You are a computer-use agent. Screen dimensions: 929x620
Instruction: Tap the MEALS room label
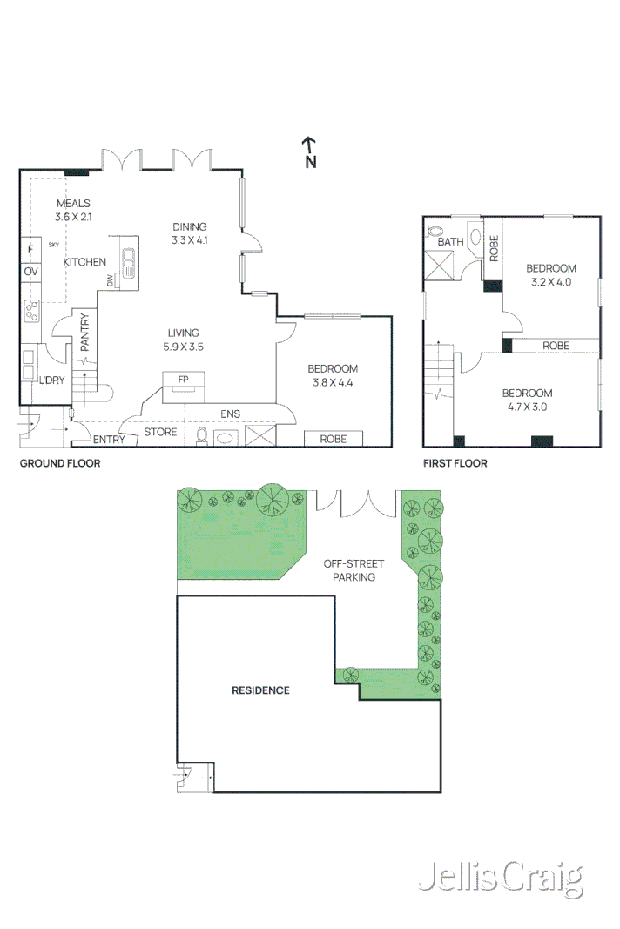click(x=73, y=204)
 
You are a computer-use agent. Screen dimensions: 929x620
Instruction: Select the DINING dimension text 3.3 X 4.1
click(x=190, y=239)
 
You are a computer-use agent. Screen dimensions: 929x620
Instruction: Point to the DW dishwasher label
click(x=111, y=280)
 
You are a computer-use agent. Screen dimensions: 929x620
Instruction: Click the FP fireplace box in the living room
click(x=184, y=380)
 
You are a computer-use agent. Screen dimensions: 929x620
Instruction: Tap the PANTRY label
click(x=85, y=332)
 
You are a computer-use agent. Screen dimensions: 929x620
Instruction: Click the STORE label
click(x=160, y=432)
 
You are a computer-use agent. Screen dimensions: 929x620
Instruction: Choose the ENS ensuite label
click(x=230, y=414)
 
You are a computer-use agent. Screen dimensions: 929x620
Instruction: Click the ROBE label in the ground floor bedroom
click(x=333, y=439)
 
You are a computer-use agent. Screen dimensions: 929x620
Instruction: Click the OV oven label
click(x=30, y=273)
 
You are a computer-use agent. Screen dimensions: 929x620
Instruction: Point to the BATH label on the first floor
click(x=450, y=242)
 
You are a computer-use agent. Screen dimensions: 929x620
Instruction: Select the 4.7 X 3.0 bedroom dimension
click(x=527, y=406)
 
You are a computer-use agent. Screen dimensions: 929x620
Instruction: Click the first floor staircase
click(x=439, y=370)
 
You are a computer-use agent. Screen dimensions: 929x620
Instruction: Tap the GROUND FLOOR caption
click(x=60, y=463)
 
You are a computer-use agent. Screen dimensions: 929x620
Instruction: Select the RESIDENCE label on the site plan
click(x=260, y=690)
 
